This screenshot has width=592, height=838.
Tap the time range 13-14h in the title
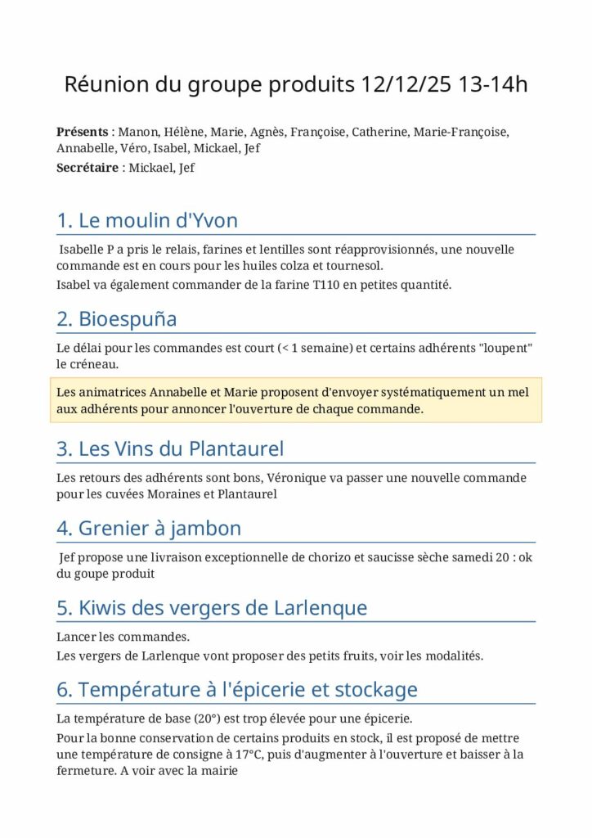[x=493, y=85]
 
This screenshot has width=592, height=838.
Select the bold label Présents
[x=82, y=132]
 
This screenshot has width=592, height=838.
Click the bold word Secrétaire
[x=87, y=168]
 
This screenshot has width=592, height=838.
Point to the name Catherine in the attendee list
[x=380, y=132]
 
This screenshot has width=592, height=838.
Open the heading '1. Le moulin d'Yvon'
[x=147, y=220]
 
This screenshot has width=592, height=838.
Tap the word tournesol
[x=352, y=266]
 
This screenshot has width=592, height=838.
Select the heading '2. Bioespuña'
[x=116, y=318]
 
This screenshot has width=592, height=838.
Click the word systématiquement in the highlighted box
[x=385, y=393]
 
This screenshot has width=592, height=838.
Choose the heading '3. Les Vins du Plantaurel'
[x=170, y=448]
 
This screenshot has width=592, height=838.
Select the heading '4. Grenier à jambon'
[x=149, y=529]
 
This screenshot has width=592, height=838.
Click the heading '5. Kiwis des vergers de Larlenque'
[x=212, y=608]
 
